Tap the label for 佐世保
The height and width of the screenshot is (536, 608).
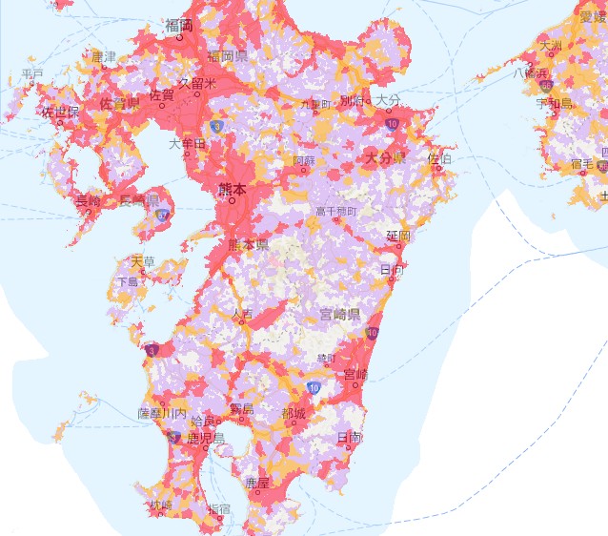click(x=59, y=112)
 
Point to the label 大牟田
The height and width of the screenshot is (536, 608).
click(x=187, y=144)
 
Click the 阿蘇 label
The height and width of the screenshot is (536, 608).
click(x=304, y=161)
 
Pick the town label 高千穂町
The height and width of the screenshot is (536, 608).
click(x=336, y=211)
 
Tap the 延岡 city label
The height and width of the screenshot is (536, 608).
click(x=397, y=235)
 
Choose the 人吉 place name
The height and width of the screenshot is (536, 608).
click(x=242, y=313)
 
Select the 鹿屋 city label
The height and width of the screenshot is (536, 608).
click(x=257, y=484)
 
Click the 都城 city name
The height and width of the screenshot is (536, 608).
click(x=294, y=414)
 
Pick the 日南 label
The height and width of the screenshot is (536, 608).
click(x=350, y=437)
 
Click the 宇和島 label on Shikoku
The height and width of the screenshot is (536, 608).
click(x=554, y=102)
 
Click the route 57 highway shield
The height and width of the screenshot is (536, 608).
click(x=163, y=216)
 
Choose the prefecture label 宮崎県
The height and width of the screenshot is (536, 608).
click(x=339, y=314)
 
